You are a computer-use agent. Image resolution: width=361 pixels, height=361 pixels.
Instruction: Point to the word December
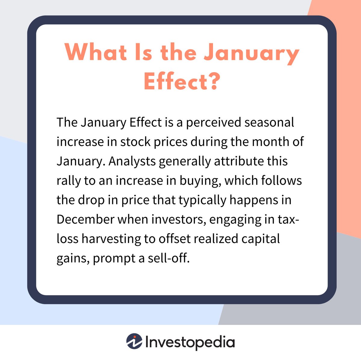[85, 219]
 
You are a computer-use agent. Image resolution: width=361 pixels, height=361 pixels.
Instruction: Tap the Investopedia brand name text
[190, 342]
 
